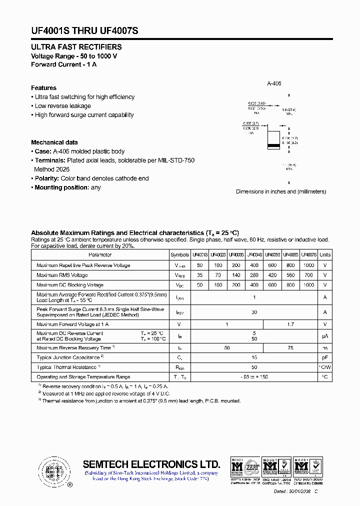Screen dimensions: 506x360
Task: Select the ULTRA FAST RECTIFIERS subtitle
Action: pyautogui.click(x=76, y=47)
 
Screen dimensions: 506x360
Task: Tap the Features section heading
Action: pyautogui.click(x=43, y=88)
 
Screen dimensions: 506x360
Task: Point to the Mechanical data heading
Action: pyautogui.click(x=54, y=142)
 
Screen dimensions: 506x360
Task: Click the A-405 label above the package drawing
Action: pyautogui.click(x=274, y=83)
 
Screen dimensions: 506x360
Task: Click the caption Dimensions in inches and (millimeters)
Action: pyautogui.click(x=280, y=191)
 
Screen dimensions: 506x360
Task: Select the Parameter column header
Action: pyautogui.click(x=100, y=254)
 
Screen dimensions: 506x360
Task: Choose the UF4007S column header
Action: pyautogui.click(x=309, y=254)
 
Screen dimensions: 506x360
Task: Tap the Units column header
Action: pyautogui.click(x=325, y=254)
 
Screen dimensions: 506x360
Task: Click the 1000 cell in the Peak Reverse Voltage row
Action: pyautogui.click(x=309, y=265)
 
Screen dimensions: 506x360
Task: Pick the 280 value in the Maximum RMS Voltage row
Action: pyautogui.click(x=254, y=275)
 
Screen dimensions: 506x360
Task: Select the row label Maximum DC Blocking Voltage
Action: pyautogui.click(x=70, y=285)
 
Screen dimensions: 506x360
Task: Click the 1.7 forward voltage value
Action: pyautogui.click(x=290, y=324)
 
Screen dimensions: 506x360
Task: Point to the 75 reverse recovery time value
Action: pyautogui.click(x=290, y=347)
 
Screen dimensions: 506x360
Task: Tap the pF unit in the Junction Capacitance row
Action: pyautogui.click(x=325, y=357)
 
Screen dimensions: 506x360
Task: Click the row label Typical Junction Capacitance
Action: pyautogui.click(x=68, y=357)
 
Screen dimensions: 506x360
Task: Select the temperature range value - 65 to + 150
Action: pyautogui.click(x=254, y=377)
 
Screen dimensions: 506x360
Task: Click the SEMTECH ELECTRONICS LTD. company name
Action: pyautogui.click(x=151, y=464)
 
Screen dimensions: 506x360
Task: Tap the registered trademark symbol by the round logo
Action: pyautogui.click(x=69, y=485)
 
